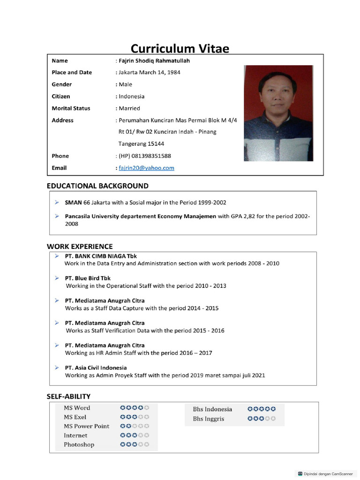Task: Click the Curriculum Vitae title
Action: pos(180,48)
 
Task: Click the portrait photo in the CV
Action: pos(278,113)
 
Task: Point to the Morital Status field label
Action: pos(71,108)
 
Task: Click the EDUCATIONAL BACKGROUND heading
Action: pos(97,186)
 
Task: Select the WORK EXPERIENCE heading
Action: pos(80,246)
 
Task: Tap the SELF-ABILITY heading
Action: pos(68,396)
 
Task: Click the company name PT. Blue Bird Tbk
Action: pos(88,278)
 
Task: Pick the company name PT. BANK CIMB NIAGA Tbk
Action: pos(101,256)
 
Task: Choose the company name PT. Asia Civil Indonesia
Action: pos(96,367)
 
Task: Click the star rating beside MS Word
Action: pos(135,408)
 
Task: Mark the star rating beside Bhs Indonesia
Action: pos(262,409)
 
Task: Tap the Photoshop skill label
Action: pos(79,444)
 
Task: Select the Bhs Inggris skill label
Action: pos(208,419)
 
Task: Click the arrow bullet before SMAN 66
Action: pos(56,202)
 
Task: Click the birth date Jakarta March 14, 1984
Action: pos(149,72)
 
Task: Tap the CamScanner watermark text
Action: pos(328,473)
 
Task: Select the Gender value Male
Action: pos(125,84)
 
